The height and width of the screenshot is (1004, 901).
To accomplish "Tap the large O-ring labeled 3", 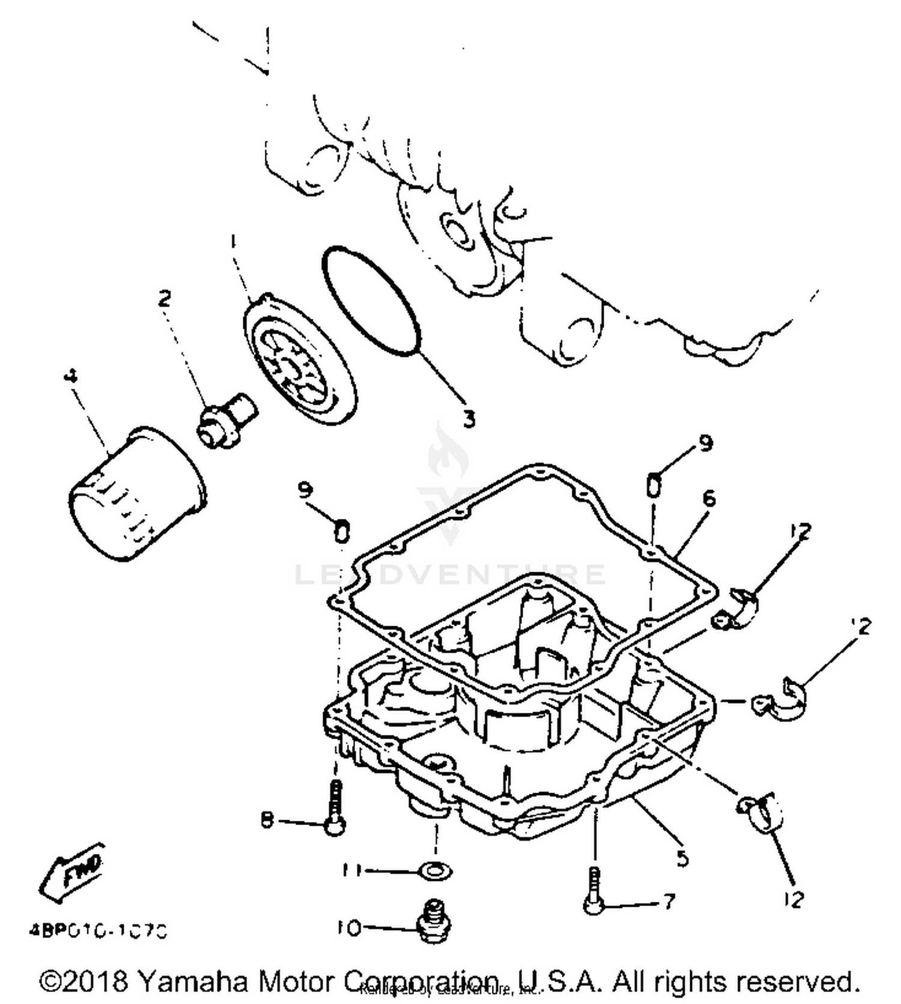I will [x=369, y=300].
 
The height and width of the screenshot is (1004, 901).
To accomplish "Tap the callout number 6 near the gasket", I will [x=709, y=498].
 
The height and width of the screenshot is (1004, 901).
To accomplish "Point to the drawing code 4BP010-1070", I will [x=98, y=931].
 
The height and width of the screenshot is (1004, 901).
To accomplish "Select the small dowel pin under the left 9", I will [x=341, y=531].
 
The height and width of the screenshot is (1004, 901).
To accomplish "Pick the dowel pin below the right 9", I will [x=654, y=485].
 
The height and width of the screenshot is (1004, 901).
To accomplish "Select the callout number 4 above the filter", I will [x=70, y=377].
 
